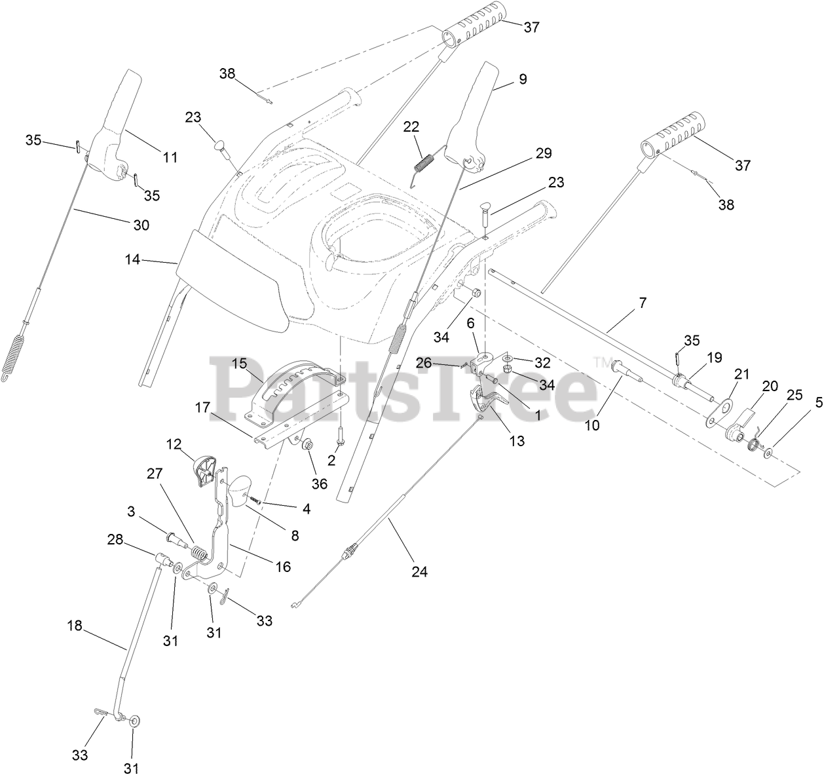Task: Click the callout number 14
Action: [132, 260]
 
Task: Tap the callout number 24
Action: [419, 571]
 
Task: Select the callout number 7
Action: [643, 303]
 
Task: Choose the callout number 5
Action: [800, 404]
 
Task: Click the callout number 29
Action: [543, 153]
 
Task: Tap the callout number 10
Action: [591, 425]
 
